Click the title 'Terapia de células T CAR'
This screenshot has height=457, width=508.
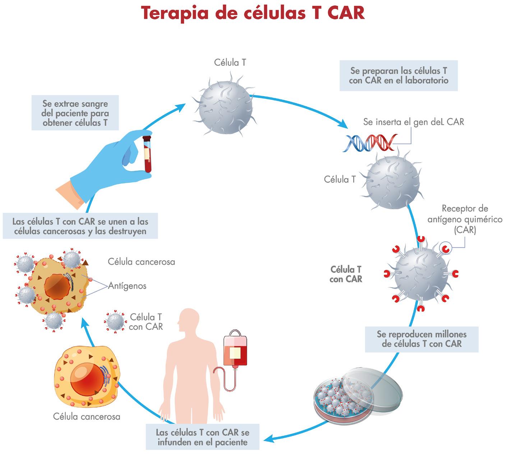(x=253, y=13)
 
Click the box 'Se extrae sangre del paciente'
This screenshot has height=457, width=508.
(x=75, y=113)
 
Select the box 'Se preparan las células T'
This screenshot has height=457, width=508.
(x=398, y=75)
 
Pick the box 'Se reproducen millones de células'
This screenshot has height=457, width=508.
(x=421, y=339)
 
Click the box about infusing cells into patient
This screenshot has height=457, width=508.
(x=202, y=437)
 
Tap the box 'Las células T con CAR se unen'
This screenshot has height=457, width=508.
(x=80, y=226)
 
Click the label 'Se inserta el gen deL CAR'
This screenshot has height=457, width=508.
(x=414, y=122)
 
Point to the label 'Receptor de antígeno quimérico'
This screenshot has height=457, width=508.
(x=465, y=219)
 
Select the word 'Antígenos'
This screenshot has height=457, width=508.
(x=127, y=286)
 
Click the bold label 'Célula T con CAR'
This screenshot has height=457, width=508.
(x=346, y=274)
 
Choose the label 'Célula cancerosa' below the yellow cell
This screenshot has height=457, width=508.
(x=87, y=416)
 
